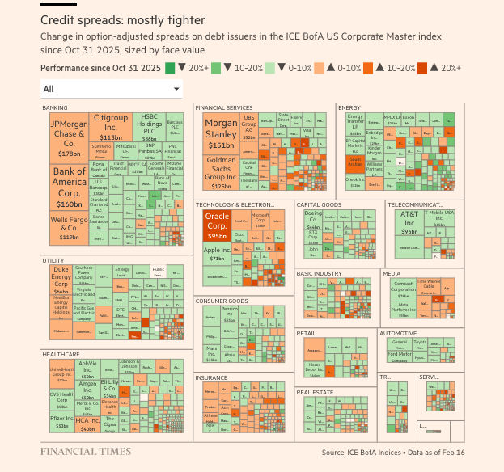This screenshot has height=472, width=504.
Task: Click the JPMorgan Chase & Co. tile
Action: pos(69,137)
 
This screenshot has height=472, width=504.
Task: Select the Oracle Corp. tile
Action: pos(216,226)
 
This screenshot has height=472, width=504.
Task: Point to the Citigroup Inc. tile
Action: pos(111,128)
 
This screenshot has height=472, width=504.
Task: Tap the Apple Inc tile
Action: pos(216,255)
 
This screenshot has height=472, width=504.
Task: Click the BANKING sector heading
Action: pos(54,107)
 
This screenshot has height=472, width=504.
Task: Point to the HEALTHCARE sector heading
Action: pos(61,354)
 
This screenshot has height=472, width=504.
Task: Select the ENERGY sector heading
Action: pos(349,107)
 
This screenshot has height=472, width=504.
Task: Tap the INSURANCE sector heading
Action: pos(212,377)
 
